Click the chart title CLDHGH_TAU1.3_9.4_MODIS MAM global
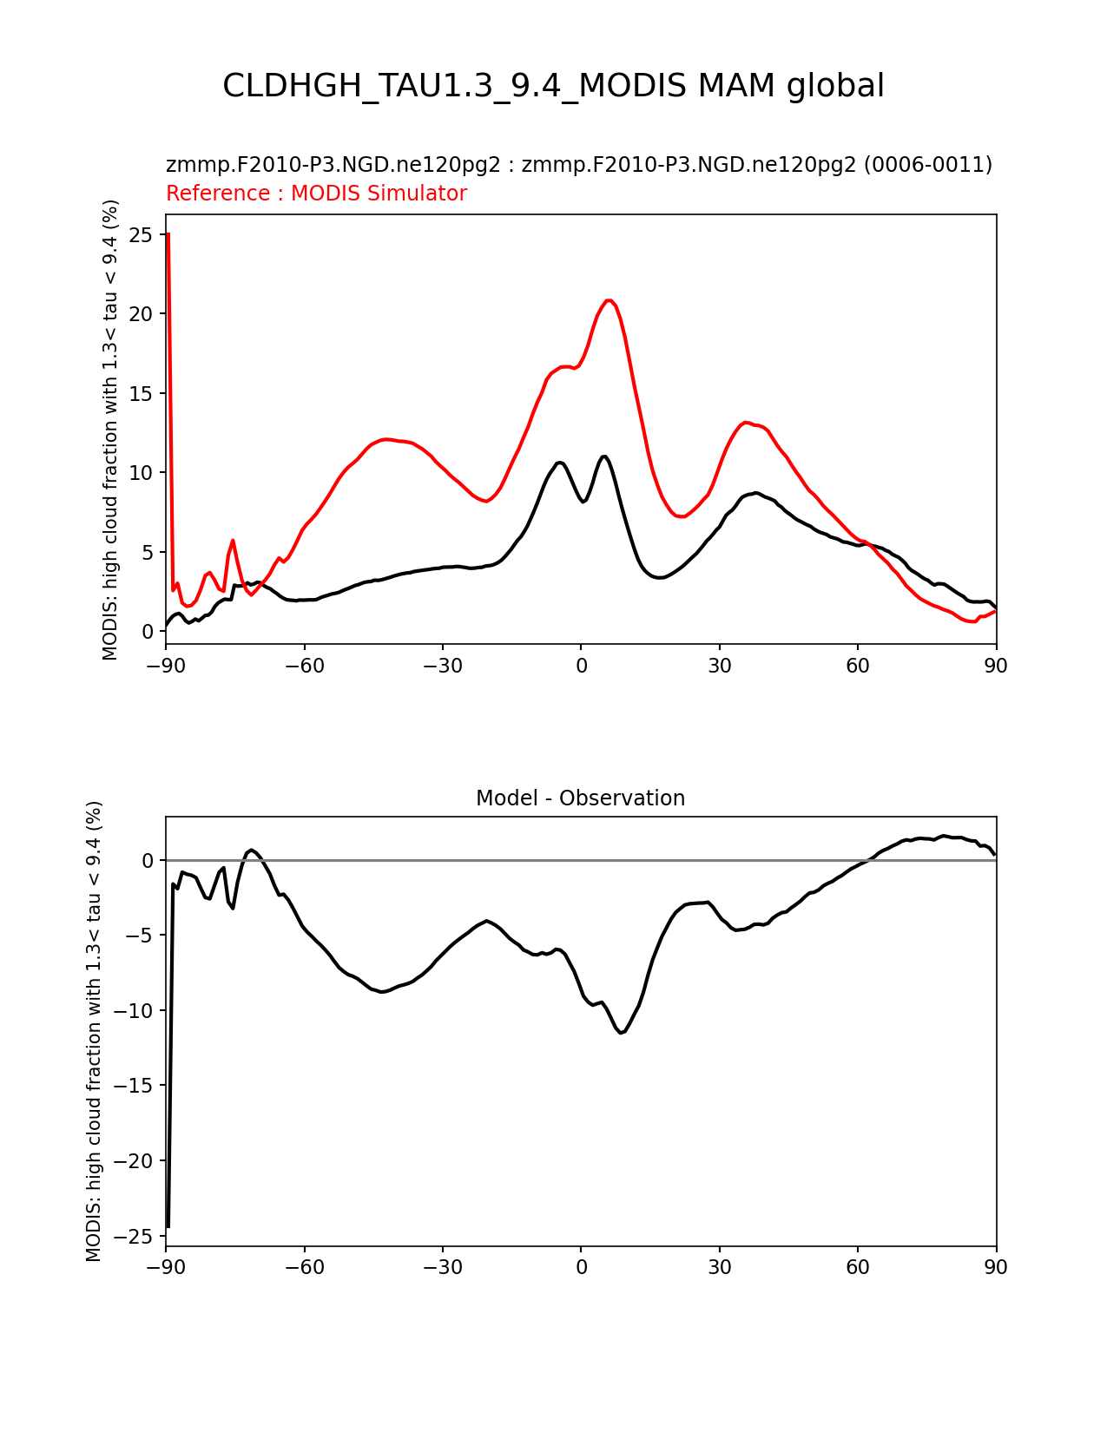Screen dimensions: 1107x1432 553,86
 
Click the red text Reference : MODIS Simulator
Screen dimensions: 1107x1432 317,193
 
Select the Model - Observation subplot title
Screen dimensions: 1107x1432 580,798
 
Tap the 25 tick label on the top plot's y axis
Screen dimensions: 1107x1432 141,234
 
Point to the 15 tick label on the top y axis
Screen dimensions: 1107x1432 141,393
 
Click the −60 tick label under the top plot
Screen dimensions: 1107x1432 305,667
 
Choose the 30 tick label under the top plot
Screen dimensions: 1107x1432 720,667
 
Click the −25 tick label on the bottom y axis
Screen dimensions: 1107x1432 133,1236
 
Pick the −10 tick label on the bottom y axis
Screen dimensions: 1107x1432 133,1010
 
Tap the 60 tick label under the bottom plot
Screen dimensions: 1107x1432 858,1267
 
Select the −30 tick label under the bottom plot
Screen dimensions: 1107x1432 443,1267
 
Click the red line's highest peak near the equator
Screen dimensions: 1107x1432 610,300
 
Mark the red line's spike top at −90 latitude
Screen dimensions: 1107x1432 168,233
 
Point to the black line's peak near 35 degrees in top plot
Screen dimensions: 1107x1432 756,492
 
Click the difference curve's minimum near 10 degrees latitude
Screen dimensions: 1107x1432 621,1033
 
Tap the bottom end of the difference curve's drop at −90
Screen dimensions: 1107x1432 168,1226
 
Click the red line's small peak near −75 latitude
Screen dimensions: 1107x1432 233,541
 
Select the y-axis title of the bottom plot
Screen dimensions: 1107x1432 94,1031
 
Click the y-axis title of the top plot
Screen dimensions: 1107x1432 110,430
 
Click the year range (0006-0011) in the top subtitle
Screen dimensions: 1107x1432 927,164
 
